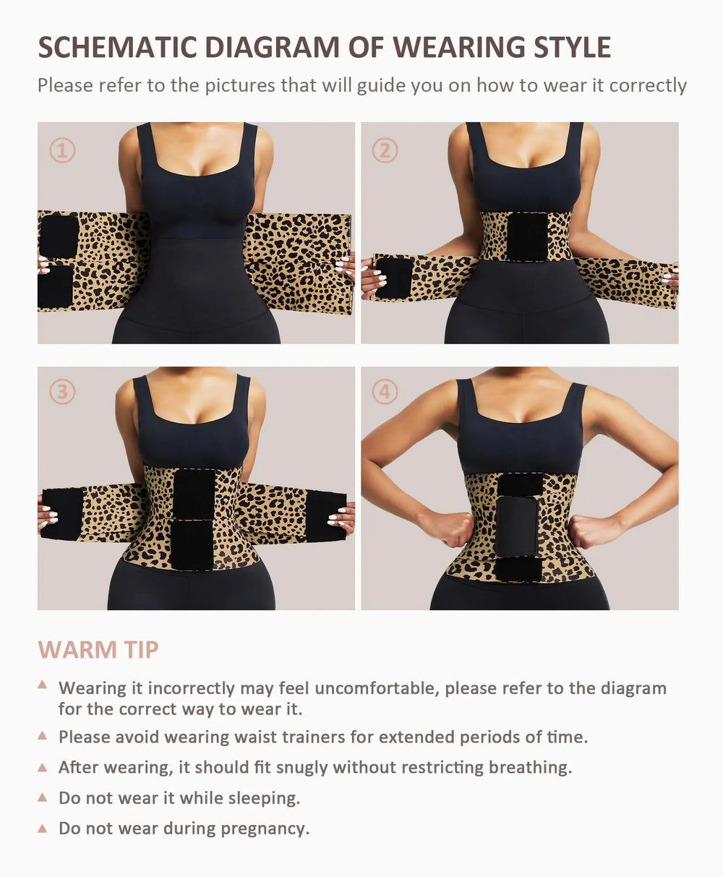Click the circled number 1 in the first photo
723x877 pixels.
[x=62, y=150]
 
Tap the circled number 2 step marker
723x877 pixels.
[x=385, y=150]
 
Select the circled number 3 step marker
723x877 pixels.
[x=62, y=392]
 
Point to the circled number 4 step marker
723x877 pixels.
[x=385, y=392]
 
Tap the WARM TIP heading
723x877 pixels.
[x=98, y=649]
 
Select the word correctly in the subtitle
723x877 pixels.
[x=648, y=85]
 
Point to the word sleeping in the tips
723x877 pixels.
[x=265, y=798]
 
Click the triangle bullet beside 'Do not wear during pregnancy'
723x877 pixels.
[x=43, y=827]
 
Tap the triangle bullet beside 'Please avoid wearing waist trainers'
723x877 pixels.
[x=43, y=736]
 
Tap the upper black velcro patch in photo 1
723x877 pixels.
[x=59, y=236]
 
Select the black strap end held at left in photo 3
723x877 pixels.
[x=62, y=514]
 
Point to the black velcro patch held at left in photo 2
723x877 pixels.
[x=394, y=278]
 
